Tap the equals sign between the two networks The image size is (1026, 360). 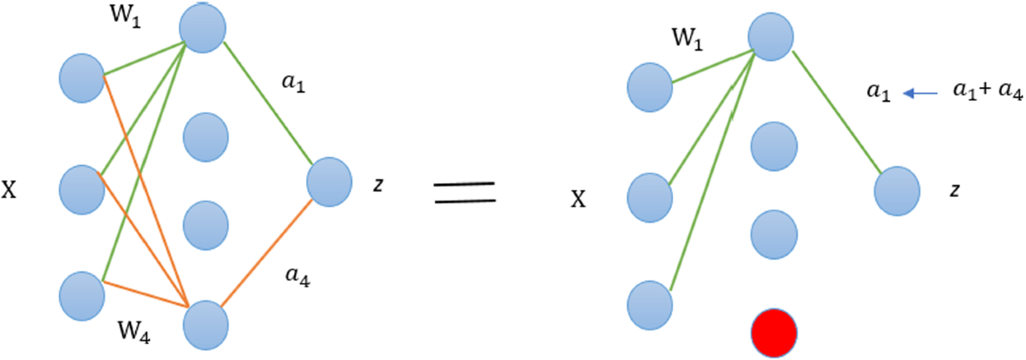tap(465, 192)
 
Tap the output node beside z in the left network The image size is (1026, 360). tap(329, 181)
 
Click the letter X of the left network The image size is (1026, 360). tap(9, 190)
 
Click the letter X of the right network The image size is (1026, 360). tap(579, 200)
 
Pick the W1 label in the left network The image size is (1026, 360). tap(130, 18)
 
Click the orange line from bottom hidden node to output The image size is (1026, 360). tap(268, 257)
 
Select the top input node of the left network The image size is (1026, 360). tap(82, 79)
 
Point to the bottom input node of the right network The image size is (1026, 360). tap(650, 304)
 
